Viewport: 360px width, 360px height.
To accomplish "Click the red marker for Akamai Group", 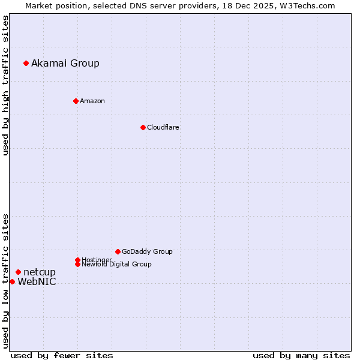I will (x=26, y=63).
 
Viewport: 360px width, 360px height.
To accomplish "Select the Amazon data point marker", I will (x=76, y=101).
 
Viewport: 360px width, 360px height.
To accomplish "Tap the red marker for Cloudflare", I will (x=143, y=127).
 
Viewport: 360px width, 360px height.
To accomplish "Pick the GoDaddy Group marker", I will (x=118, y=251).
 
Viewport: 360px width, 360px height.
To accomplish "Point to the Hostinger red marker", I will (x=77, y=260).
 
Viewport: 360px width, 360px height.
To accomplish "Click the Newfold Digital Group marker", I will (x=77, y=264).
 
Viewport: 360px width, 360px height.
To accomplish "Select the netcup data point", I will (x=18, y=272).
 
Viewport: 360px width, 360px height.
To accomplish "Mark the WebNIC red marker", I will (x=12, y=281).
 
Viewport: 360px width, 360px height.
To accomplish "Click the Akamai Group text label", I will (x=65, y=63).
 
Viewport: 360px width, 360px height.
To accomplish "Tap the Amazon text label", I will (x=92, y=101).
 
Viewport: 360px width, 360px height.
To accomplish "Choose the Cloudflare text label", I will (x=163, y=127).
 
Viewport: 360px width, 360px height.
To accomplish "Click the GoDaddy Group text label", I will (x=147, y=251).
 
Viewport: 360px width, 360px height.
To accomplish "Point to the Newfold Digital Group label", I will (x=117, y=264).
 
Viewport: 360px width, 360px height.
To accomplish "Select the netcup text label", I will (x=40, y=272).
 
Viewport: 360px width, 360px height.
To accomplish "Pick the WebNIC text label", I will (x=37, y=282).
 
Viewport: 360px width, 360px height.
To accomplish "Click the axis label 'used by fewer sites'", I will (x=62, y=355).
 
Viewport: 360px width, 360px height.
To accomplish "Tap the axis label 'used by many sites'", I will (x=301, y=355).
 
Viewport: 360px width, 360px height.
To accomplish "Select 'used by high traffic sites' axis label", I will (x=5, y=85).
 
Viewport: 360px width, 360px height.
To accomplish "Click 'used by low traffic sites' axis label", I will (x=5, y=280).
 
